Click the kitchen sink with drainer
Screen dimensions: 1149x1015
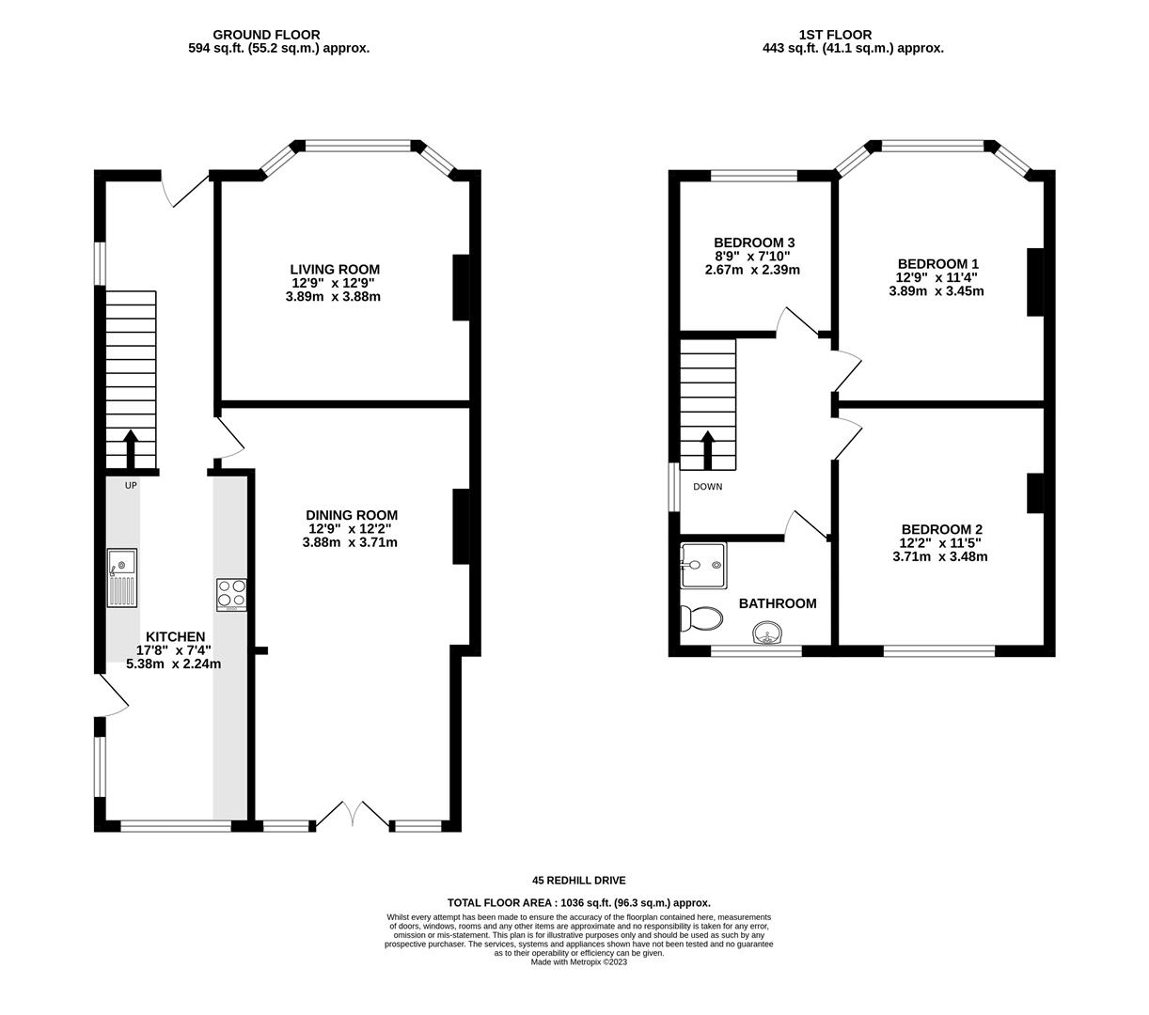pyautogui.click(x=122, y=578)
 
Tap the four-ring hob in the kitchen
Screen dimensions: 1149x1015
pyautogui.click(x=231, y=595)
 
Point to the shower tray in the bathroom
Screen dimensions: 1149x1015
pyautogui.click(x=703, y=566)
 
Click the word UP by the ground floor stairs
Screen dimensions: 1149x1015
pyautogui.click(x=131, y=485)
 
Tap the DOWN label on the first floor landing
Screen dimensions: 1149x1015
pyautogui.click(x=708, y=487)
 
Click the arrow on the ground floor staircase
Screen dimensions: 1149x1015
pyautogui.click(x=131, y=449)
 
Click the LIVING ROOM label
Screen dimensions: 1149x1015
pyautogui.click(x=335, y=270)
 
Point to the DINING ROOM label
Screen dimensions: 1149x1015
pyautogui.click(x=352, y=515)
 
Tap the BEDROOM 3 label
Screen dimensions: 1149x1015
pyautogui.click(x=754, y=242)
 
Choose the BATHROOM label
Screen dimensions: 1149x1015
pyautogui.click(x=778, y=603)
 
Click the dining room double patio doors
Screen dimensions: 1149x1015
pyautogui.click(x=353, y=815)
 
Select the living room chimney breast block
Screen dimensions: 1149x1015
pyautogui.click(x=461, y=288)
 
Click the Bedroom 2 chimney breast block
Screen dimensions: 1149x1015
pyautogui.click(x=1035, y=493)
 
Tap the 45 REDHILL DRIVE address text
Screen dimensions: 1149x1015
pyautogui.click(x=579, y=881)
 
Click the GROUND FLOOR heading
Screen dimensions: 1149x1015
pyautogui.click(x=266, y=35)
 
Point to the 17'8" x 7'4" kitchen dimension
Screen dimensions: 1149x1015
pyautogui.click(x=174, y=650)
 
